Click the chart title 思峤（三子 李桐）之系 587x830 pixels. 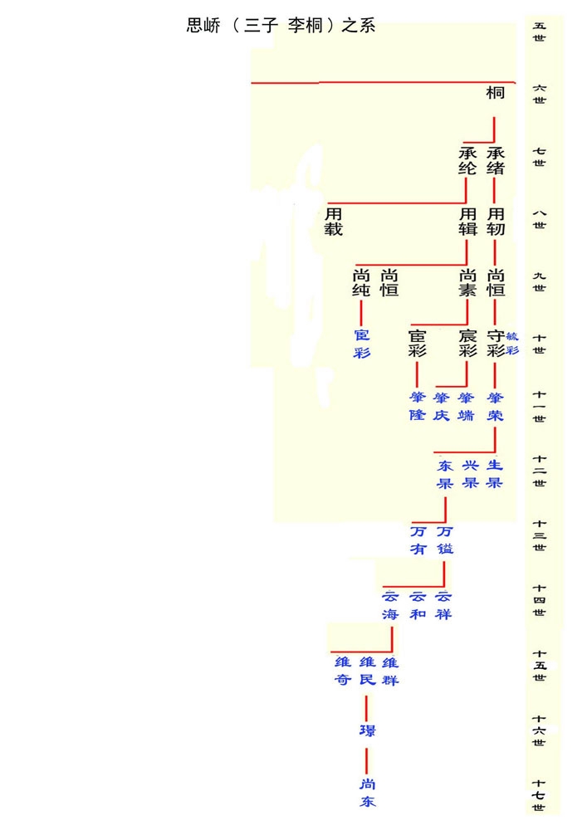281,25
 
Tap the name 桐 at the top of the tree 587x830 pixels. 495,94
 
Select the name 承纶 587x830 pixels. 467,160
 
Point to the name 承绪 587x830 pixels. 496,160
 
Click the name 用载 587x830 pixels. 333,222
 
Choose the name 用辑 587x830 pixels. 467,222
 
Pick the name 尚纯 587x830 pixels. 361,283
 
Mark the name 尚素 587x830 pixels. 467,283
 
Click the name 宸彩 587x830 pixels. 467,344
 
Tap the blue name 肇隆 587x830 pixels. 417,406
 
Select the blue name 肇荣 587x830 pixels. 496,406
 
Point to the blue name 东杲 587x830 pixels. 445,474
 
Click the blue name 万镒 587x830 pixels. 445,539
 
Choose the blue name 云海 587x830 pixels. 390,605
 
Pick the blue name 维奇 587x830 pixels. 342,671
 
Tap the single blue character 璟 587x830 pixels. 367,730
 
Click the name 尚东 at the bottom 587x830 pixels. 367,793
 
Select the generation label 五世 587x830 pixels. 540,32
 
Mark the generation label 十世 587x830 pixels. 540,344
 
